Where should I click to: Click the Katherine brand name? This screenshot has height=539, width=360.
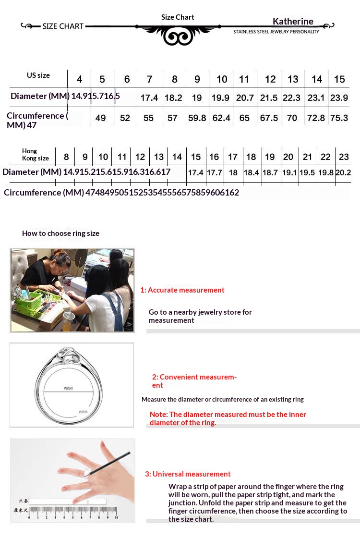point(293,21)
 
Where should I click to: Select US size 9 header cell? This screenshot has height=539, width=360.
point(197,79)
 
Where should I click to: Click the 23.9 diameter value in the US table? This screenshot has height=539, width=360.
point(339,98)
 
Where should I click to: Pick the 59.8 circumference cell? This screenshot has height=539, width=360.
point(197,118)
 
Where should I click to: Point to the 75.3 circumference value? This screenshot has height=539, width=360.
point(339,118)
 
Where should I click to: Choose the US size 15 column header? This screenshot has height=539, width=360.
point(339,79)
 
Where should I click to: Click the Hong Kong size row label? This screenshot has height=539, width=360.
point(35,155)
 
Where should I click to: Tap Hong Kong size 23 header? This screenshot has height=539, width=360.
point(343,157)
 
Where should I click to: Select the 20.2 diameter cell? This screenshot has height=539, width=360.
point(343,172)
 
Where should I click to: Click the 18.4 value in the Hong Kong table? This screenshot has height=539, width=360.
point(251,172)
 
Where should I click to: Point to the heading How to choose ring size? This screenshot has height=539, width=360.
point(60,233)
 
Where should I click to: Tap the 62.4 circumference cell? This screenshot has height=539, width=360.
point(221,118)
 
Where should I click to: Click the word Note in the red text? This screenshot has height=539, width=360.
point(158,414)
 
